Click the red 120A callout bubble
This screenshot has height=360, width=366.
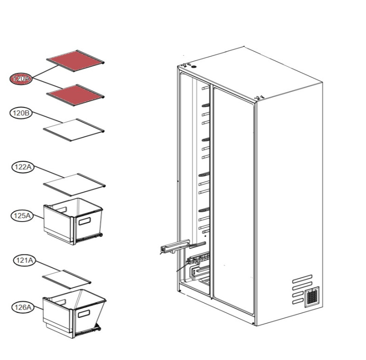(21, 79)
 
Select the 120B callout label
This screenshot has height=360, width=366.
(21, 113)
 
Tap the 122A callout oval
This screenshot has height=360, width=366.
(23, 167)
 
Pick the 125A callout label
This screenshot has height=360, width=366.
(22, 215)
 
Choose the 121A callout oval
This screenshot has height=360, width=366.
(25, 260)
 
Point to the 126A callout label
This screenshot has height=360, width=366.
(23, 307)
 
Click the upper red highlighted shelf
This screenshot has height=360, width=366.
(75, 61)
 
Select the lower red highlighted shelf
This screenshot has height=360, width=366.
(75, 95)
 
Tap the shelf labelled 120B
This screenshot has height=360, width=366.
(74, 130)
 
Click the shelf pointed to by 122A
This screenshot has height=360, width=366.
(74, 185)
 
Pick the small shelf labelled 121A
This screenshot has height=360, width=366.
(67, 279)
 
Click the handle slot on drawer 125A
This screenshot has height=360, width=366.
(85, 221)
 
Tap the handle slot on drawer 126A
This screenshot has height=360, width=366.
(84, 314)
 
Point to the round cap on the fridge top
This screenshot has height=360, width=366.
(193, 67)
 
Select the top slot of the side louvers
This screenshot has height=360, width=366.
(302, 278)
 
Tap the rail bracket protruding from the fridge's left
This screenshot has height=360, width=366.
(175, 246)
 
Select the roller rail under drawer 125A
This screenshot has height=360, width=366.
(89, 237)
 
